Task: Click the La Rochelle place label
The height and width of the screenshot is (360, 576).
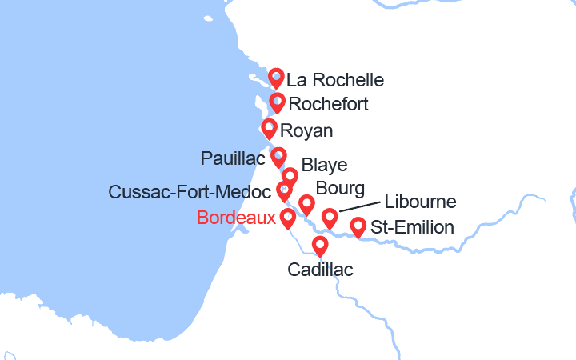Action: pos(335,80)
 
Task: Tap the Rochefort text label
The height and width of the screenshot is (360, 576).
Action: pos(328,104)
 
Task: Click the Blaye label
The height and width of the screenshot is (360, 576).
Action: pos(324,166)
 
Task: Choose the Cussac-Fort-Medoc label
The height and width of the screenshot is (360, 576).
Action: pos(189,192)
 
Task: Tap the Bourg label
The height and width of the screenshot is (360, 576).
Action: pos(341,189)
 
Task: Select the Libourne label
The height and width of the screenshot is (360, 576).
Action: pos(421,202)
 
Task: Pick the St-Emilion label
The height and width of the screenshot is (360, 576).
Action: pos(413,228)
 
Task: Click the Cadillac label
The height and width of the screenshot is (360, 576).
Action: pos(320,270)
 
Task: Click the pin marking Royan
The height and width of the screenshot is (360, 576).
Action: pos(269,128)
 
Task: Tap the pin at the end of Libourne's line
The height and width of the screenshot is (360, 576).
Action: pos(330,218)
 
